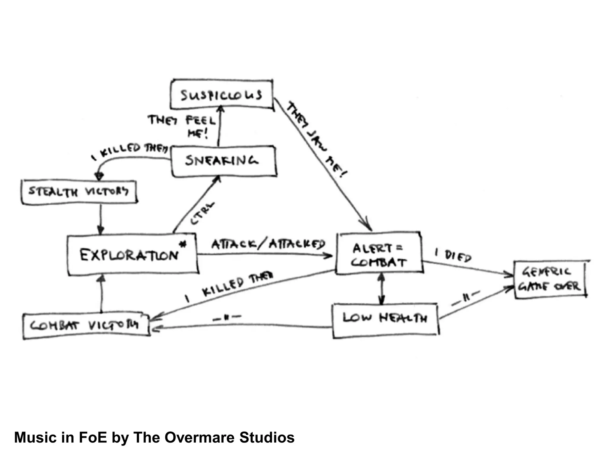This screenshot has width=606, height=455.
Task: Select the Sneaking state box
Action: coord(224,161)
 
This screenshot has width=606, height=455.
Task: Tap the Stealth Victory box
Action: coord(79,192)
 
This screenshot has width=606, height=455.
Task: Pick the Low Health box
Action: coord(385,320)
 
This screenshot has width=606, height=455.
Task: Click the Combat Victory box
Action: coord(86,326)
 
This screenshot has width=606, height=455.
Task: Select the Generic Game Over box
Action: coord(550,279)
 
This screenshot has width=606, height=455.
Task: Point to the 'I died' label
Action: coord(453,255)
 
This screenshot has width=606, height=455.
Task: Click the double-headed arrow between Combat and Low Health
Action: coord(381,289)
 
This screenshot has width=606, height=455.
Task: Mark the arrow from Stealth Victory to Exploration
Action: coord(101,219)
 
